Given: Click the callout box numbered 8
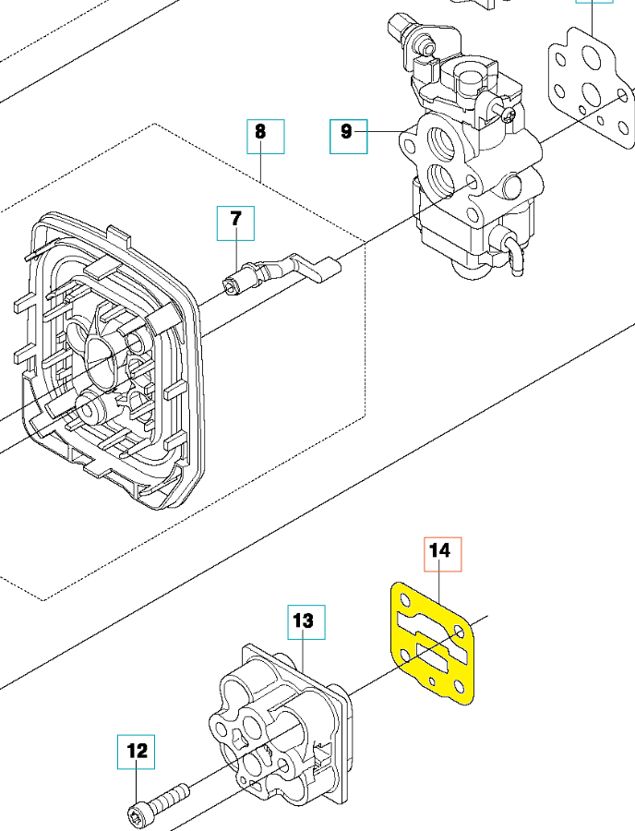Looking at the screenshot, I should coord(265,135).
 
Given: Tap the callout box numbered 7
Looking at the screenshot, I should coord(235,223).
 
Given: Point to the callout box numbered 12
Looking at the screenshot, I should coord(137,753).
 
